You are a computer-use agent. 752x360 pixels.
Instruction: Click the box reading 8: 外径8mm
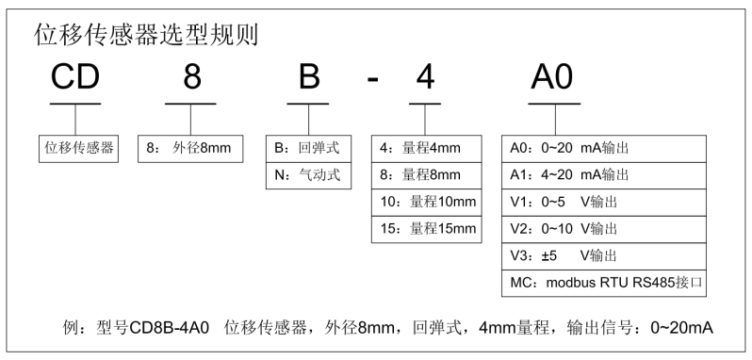(x=191, y=148)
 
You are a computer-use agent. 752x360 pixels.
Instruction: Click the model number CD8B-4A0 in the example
(x=179, y=328)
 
